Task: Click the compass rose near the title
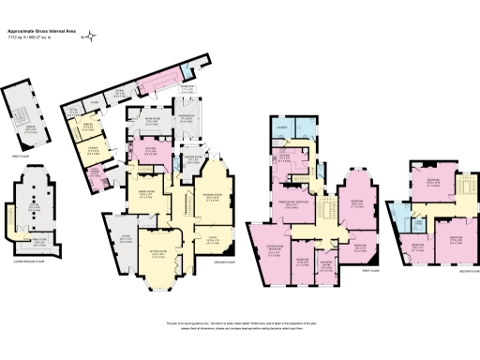coord(91,38)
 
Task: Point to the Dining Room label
coord(147,194)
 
